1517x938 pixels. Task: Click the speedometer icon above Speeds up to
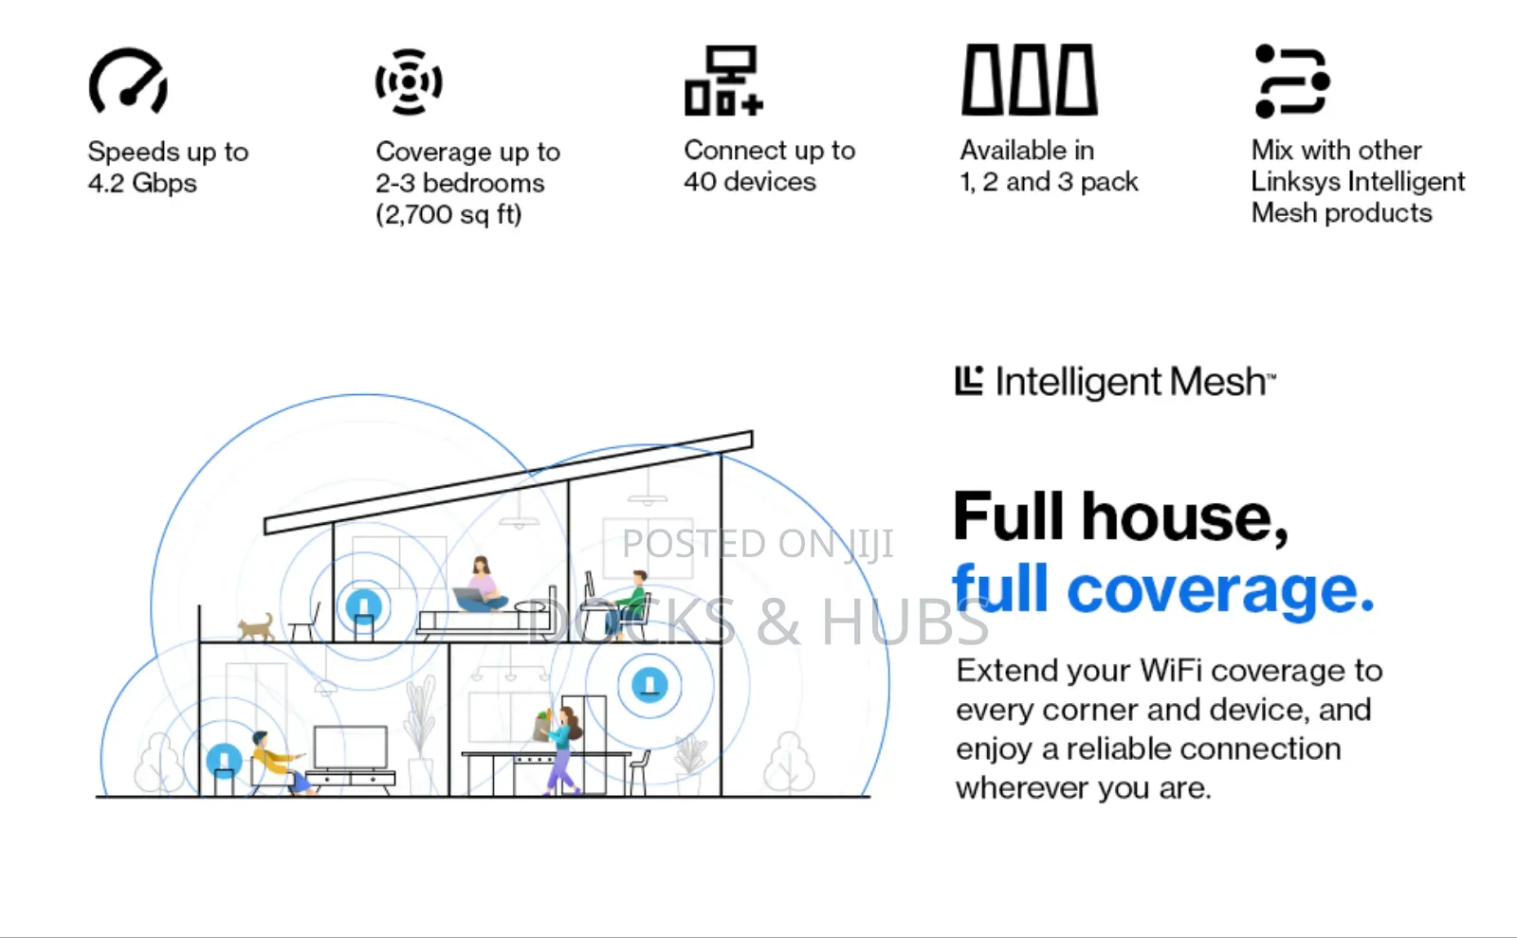click(x=128, y=80)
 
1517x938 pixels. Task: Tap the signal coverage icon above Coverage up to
click(x=409, y=81)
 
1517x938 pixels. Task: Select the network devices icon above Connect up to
click(x=723, y=81)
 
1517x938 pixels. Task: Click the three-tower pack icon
click(x=1030, y=80)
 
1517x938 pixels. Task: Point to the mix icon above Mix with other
click(x=1292, y=81)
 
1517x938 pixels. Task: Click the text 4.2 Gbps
click(x=142, y=184)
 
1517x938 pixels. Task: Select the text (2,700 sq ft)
click(x=449, y=214)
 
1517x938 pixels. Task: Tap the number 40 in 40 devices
click(x=700, y=181)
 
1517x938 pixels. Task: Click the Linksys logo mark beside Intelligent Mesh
click(x=969, y=380)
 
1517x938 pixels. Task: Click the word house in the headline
click(x=1184, y=517)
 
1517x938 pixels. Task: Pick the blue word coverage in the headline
click(x=1220, y=591)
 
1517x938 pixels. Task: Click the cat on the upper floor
click(x=256, y=627)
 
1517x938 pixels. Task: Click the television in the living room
click(x=351, y=748)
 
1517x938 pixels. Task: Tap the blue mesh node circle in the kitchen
click(x=649, y=685)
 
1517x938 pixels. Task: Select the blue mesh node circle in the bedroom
click(x=364, y=606)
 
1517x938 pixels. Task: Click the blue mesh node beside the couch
click(x=224, y=761)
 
